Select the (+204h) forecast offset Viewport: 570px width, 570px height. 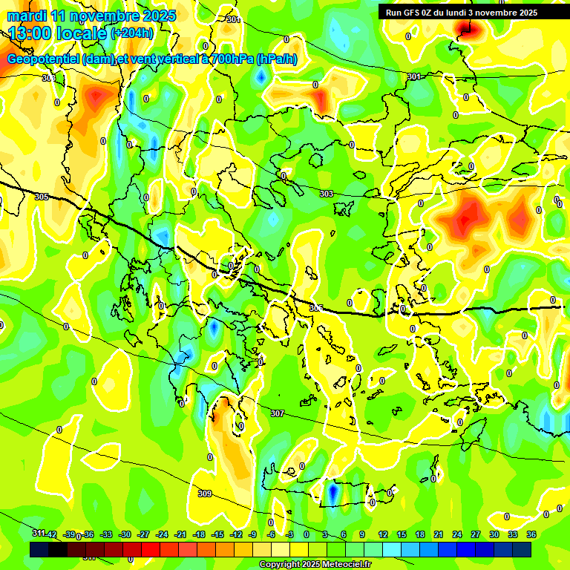(x=132, y=33)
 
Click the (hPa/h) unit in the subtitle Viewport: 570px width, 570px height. (x=277, y=59)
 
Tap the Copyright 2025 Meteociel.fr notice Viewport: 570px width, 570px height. (x=314, y=565)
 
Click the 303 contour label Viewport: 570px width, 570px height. (x=327, y=194)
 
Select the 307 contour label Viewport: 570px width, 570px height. (x=277, y=413)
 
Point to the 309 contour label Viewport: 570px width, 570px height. (x=205, y=494)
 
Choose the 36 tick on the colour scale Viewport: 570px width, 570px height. (x=531, y=534)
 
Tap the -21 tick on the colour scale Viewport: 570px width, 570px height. (x=180, y=534)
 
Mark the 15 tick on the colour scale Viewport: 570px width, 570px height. (x=402, y=534)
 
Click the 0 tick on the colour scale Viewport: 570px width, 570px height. (x=307, y=534)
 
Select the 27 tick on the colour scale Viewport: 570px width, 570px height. (x=476, y=534)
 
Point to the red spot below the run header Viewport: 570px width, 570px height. (x=467, y=28)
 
